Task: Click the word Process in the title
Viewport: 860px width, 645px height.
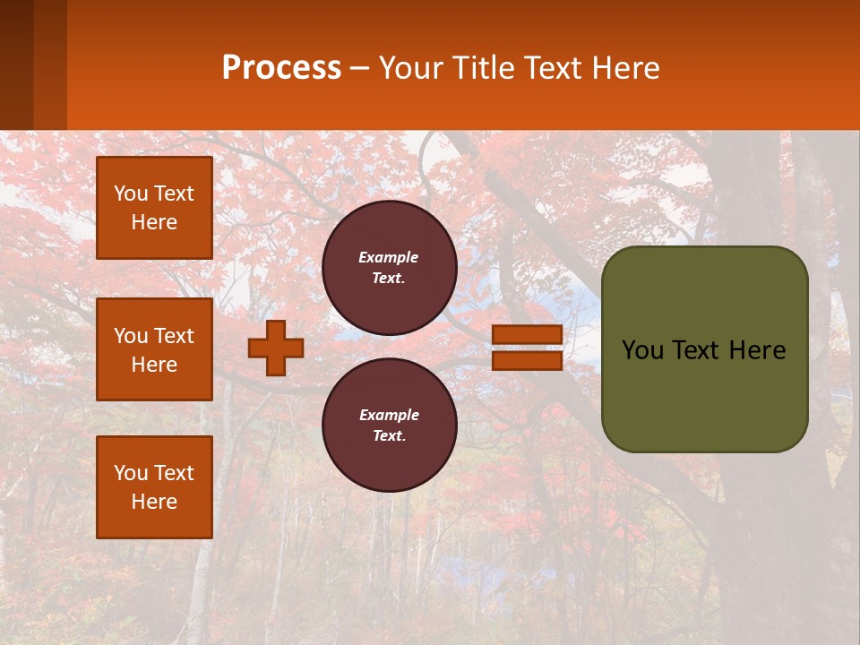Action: pyautogui.click(x=281, y=68)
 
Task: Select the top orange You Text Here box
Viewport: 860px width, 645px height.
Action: pyautogui.click(x=154, y=208)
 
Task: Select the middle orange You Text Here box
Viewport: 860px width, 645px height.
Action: pyautogui.click(x=154, y=349)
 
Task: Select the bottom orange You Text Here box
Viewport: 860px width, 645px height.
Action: pyautogui.click(x=154, y=486)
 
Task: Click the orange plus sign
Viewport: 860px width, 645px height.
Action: pyautogui.click(x=276, y=348)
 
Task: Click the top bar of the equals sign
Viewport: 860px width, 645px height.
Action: pyautogui.click(x=527, y=334)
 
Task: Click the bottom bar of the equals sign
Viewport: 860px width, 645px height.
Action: pyautogui.click(x=527, y=361)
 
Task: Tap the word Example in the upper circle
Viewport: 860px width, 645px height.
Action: pyautogui.click(x=389, y=257)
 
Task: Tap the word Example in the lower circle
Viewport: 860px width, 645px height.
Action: pyautogui.click(x=389, y=415)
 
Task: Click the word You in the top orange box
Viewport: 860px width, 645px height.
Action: pyautogui.click(x=130, y=193)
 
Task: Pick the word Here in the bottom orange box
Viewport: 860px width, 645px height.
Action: pyautogui.click(x=154, y=502)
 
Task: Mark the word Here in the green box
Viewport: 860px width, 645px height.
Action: pyautogui.click(x=757, y=350)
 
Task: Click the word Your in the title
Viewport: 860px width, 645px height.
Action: pyautogui.click(x=410, y=68)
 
